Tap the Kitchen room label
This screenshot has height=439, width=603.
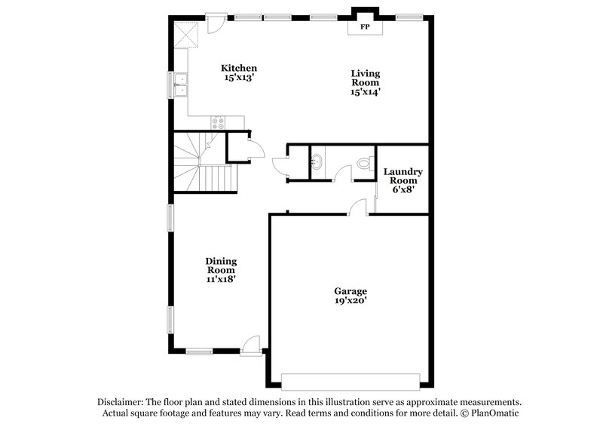coord(238,68)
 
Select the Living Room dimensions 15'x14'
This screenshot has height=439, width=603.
coord(366,92)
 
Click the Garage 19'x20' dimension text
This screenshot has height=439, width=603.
coord(350,300)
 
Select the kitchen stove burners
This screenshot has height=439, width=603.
coord(219,123)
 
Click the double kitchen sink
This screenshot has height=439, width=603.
coord(181,84)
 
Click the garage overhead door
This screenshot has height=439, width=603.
coord(350,379)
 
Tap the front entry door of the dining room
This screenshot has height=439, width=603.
coord(251,346)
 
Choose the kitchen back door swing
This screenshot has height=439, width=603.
coord(215,22)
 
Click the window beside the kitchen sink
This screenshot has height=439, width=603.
coord(170,84)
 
